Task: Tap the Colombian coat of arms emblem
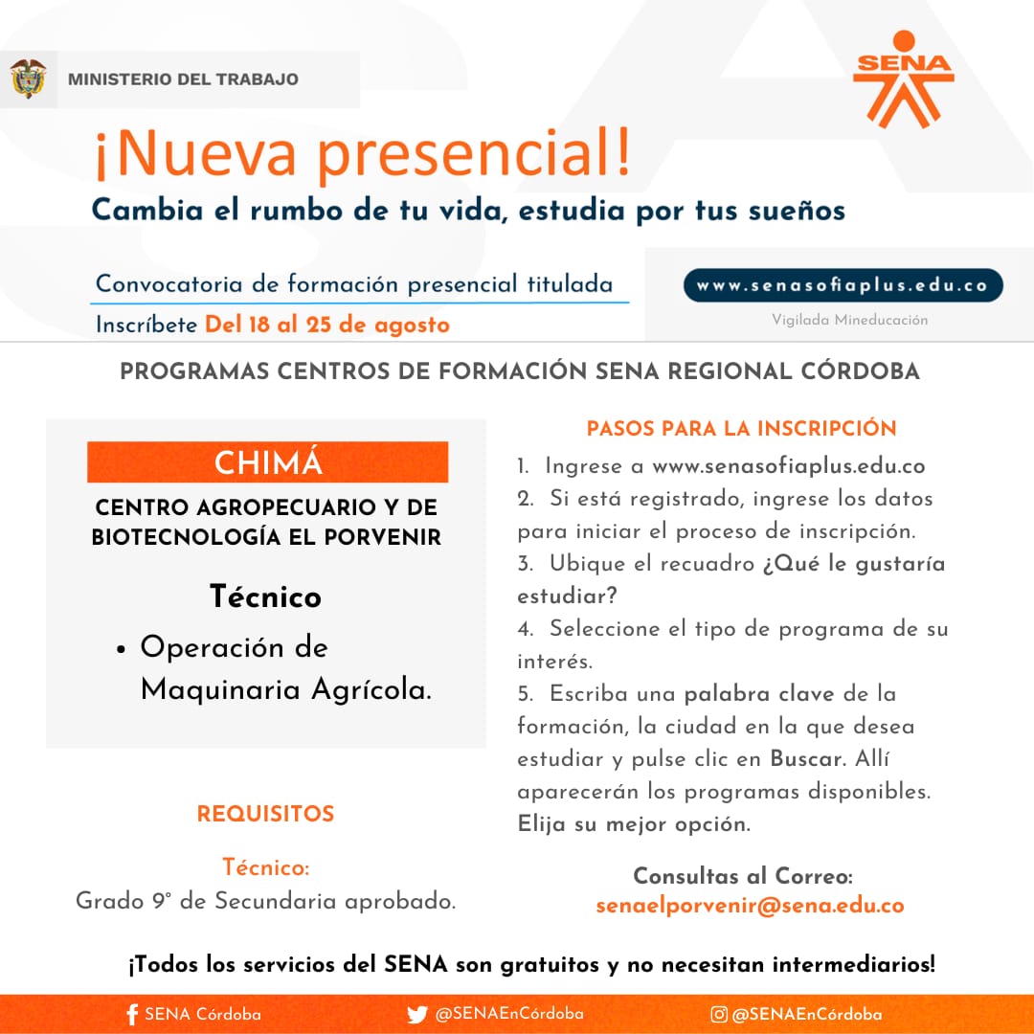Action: [x=29, y=79]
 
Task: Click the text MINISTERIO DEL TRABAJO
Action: [x=183, y=79]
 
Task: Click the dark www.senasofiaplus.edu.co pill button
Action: [x=843, y=285]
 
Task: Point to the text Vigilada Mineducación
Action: [x=850, y=321]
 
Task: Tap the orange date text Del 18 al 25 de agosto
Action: [x=326, y=325]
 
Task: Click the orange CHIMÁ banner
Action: [x=268, y=462]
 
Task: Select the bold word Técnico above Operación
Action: [x=266, y=596]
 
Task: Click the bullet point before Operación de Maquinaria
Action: [x=122, y=648]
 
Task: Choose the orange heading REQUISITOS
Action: [x=265, y=815]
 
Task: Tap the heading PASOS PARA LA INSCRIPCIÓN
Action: [x=741, y=428]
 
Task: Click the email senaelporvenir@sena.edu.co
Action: [x=750, y=906]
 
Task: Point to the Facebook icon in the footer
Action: [x=132, y=1015]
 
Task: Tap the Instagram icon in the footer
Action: [x=718, y=1015]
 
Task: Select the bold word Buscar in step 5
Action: [x=806, y=759]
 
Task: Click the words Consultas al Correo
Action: [x=742, y=876]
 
